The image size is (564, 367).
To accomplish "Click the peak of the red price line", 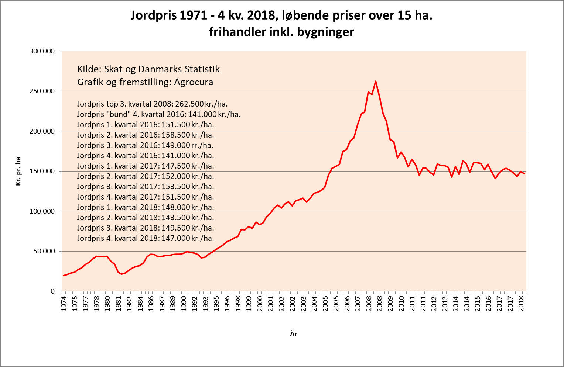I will point(376,81).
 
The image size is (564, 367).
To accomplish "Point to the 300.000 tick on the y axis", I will point(42,51).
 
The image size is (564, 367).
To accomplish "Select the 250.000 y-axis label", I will point(42,91).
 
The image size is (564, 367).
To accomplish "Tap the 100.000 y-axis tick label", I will point(42,211).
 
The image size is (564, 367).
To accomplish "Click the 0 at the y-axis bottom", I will point(52,291).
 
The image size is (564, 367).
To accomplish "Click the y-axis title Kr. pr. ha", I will point(18,171).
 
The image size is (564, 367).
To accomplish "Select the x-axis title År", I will point(294,334).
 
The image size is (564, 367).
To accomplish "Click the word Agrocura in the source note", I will point(194,82).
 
